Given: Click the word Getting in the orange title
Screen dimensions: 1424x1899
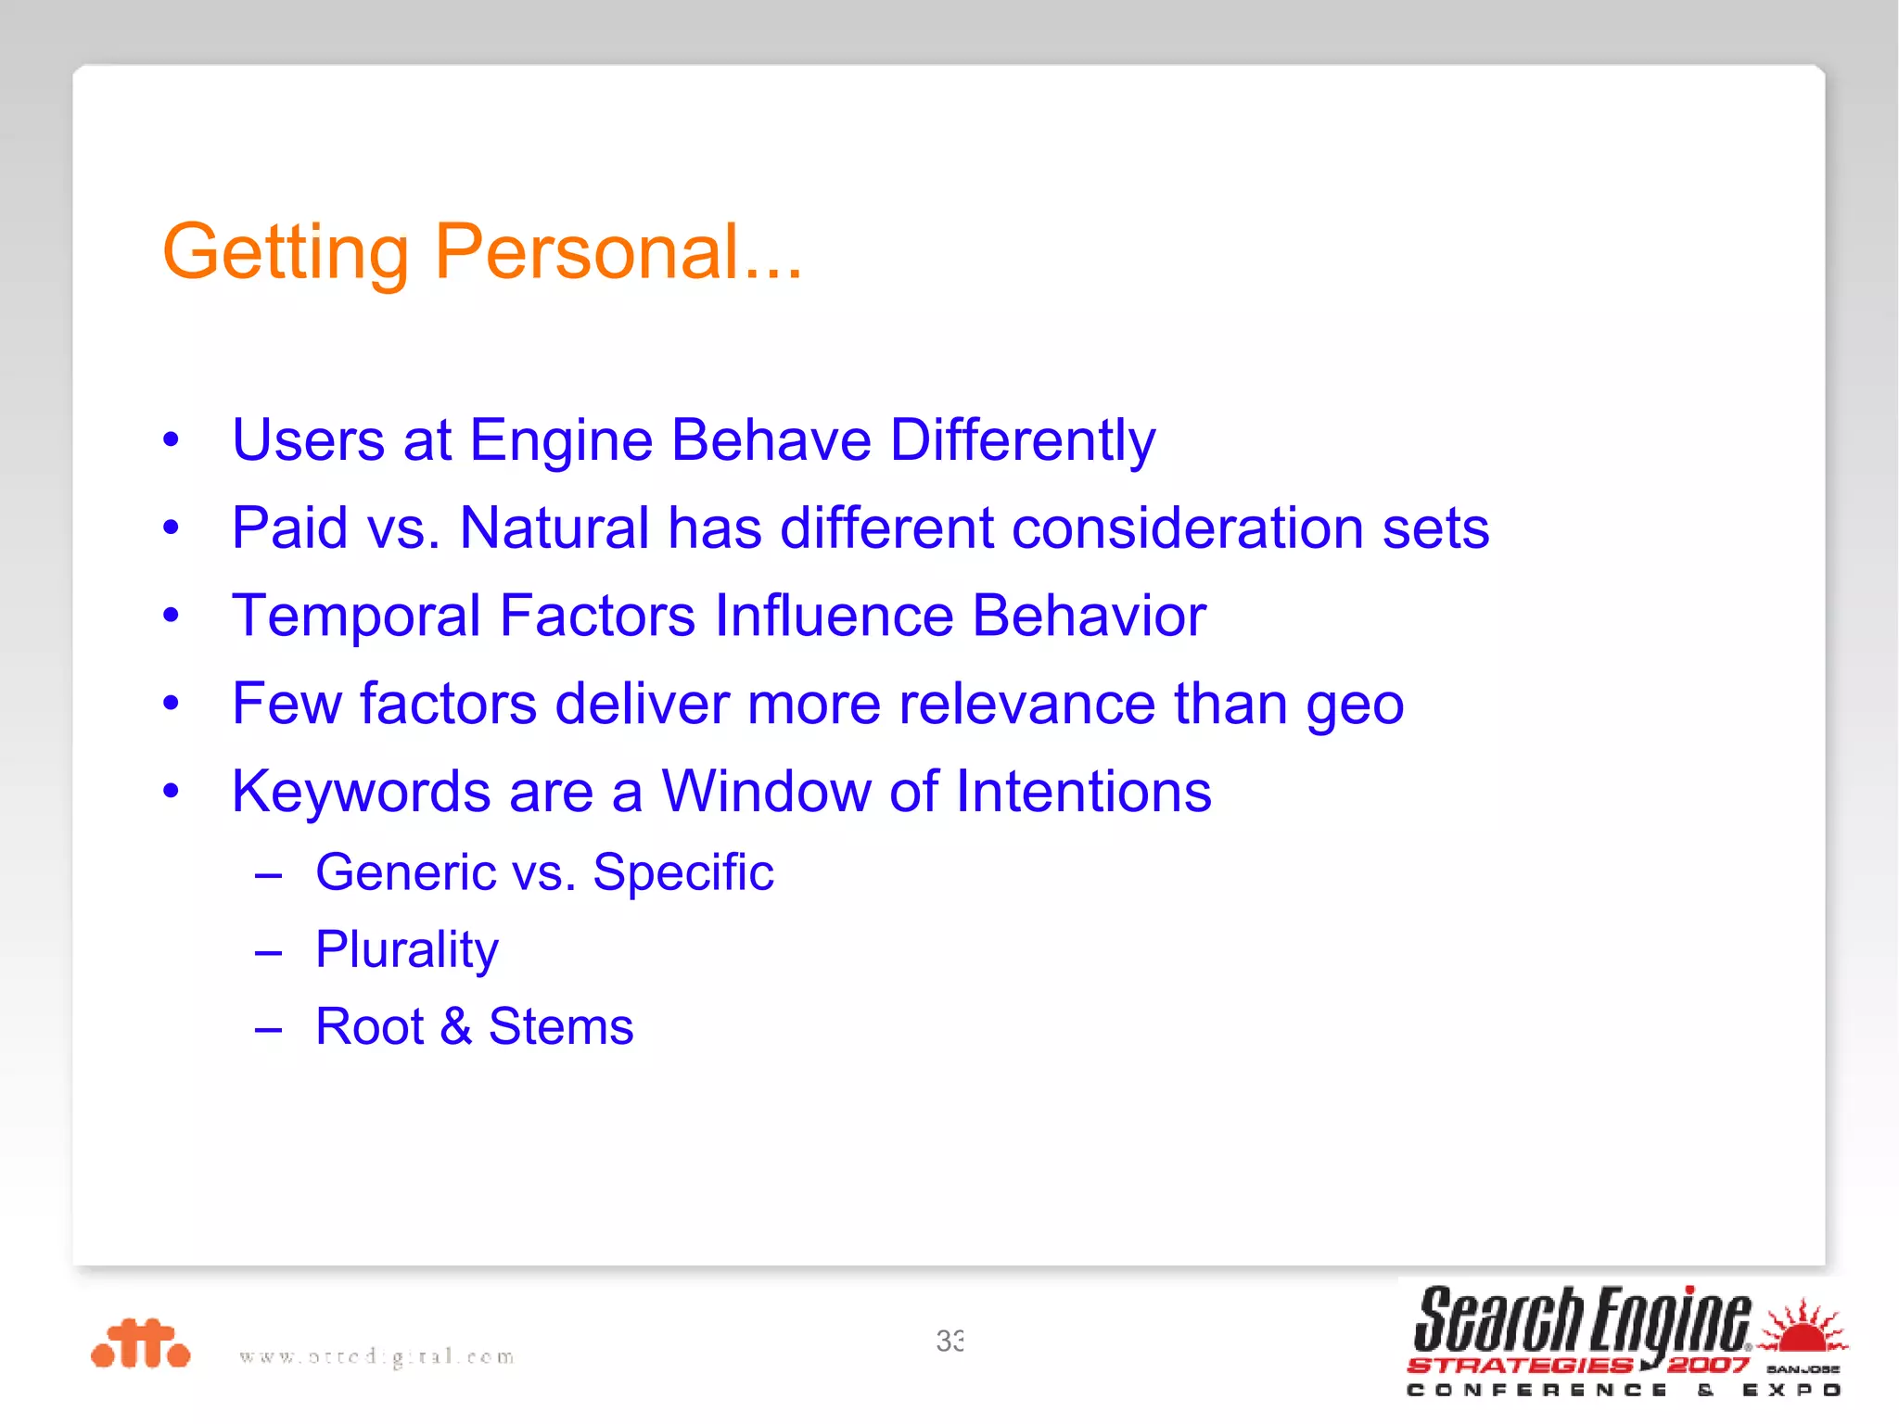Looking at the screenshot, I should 286,253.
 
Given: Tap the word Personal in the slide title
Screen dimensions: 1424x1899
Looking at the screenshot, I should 586,251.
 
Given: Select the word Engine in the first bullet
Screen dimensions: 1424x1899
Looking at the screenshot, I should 561,440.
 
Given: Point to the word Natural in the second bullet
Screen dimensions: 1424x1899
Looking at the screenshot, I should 554,528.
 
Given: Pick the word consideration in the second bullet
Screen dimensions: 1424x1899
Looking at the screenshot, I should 1187,528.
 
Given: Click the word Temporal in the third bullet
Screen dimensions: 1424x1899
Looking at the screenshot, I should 356,617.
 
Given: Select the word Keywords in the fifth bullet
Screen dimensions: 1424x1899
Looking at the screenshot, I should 361,792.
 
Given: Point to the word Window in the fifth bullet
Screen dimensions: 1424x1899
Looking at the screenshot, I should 765,792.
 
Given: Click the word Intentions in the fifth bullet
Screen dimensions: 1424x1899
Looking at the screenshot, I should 1083,792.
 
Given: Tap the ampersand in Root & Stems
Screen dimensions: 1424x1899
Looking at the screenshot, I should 455,1027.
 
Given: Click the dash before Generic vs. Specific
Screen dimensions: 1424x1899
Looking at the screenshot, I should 268,874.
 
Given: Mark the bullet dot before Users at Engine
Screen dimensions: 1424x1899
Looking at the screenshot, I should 171,440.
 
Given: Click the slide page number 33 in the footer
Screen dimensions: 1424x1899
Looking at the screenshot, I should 949,1341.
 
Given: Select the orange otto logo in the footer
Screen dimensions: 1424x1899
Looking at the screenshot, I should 141,1343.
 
